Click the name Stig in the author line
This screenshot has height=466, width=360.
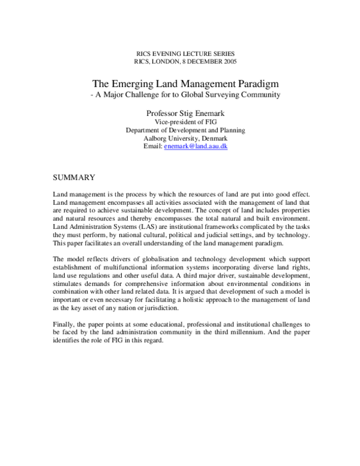pos(194,112)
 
